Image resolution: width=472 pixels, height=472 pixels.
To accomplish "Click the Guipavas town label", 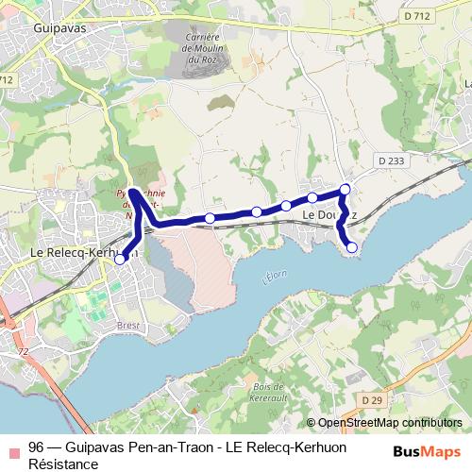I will (60, 29).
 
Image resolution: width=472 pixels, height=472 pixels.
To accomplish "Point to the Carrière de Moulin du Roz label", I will (203, 49).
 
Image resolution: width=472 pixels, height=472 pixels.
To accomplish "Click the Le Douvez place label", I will (329, 215).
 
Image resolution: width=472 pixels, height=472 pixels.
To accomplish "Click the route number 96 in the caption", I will (36, 447).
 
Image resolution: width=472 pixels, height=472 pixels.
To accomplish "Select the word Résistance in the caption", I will (63, 464).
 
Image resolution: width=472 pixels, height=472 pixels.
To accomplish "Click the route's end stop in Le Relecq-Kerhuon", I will (120, 260).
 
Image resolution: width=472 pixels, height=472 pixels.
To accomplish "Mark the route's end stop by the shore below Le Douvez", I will (352, 247).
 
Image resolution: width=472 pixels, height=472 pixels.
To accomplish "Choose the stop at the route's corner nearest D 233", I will (346, 190).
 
